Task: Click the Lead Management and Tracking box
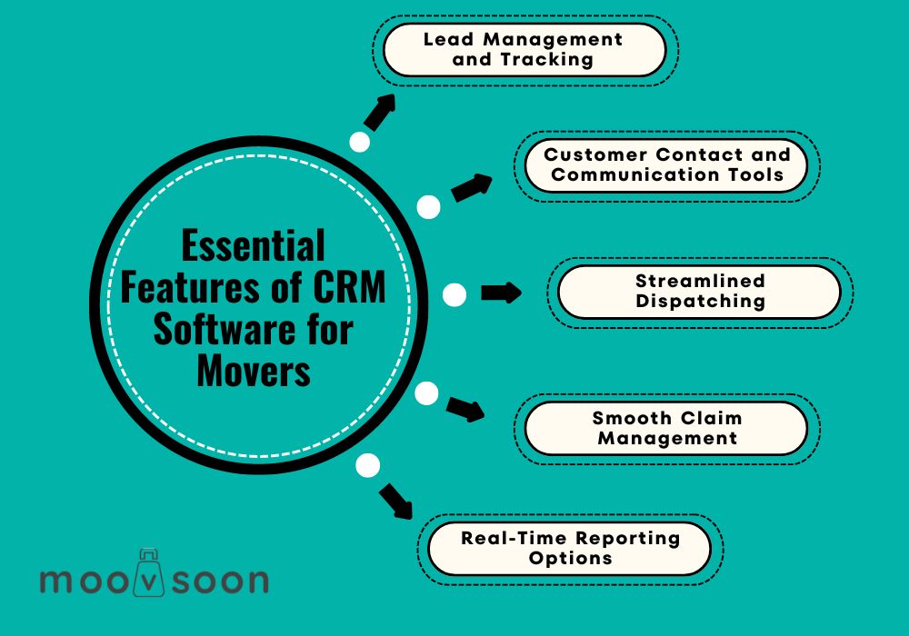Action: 524,50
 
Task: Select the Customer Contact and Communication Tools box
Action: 666,165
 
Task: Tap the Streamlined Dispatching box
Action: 699,292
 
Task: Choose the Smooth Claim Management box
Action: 666,429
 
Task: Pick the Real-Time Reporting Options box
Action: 569,549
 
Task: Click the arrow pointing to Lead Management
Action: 380,112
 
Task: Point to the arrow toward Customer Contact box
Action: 472,187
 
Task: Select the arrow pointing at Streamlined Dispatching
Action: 502,293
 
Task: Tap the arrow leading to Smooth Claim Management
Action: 465,409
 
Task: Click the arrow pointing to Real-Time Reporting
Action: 396,502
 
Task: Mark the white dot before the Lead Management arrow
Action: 359,142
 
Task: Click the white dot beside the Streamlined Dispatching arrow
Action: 454,294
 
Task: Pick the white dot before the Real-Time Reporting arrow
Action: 367,466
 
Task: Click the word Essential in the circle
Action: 254,245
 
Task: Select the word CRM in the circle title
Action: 350,287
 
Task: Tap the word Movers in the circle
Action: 254,370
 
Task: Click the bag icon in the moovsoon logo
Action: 149,573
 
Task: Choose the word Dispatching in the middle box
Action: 700,302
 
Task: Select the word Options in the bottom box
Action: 571,559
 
